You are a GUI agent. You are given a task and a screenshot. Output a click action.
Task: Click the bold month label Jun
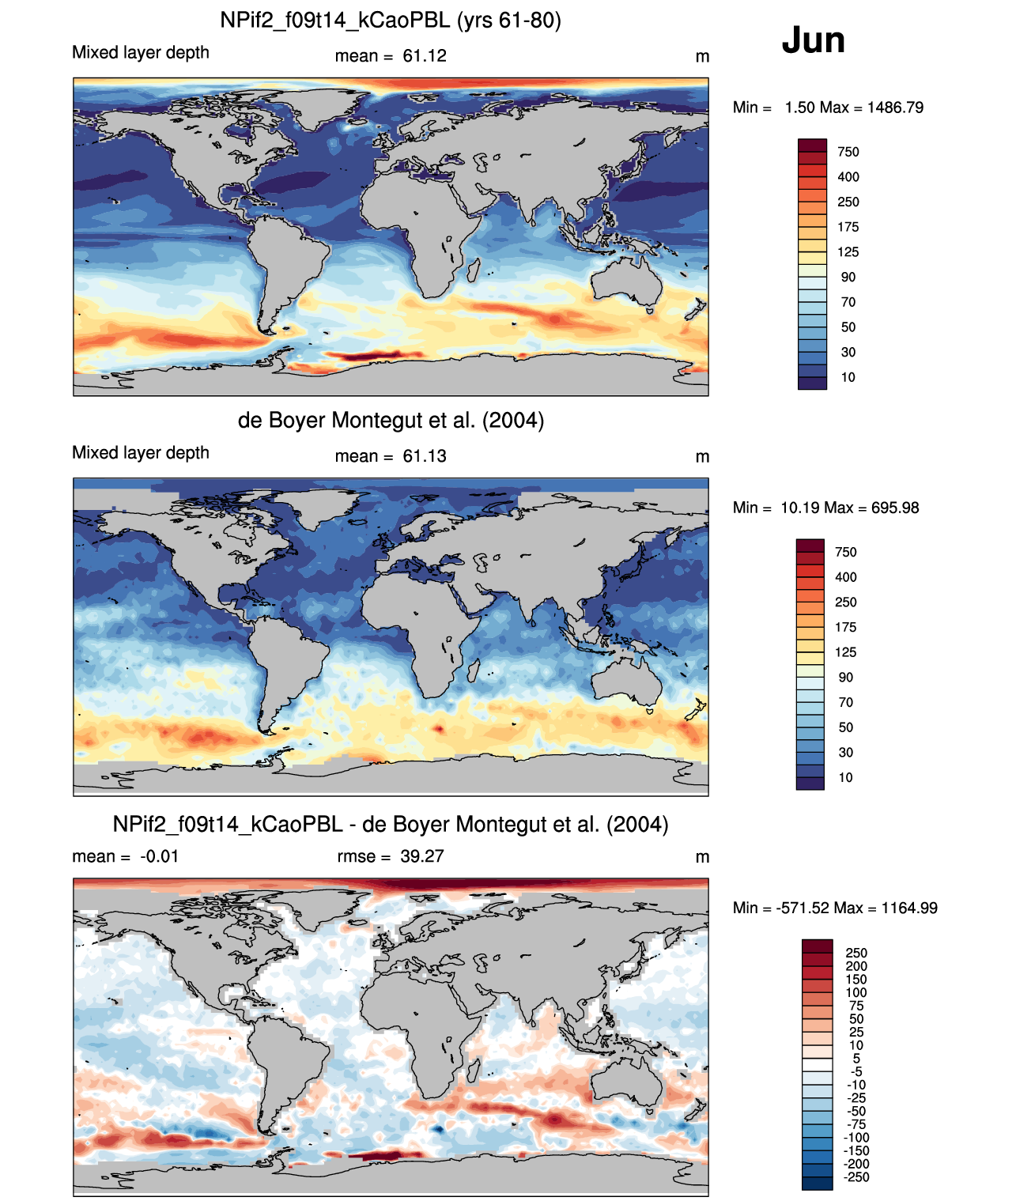813,40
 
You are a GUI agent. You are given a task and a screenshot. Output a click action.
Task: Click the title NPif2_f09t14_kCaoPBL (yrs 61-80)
391,21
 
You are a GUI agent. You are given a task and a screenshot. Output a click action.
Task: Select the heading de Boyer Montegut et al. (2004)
391,420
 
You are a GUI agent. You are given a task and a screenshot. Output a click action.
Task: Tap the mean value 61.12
424,56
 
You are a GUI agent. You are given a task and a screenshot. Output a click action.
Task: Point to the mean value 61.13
424,456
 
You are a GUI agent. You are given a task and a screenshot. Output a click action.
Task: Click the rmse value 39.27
421,856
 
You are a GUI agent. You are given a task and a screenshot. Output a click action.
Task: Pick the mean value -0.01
159,856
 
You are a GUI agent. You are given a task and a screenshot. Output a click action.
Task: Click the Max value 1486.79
895,108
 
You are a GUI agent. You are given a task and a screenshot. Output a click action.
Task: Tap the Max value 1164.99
909,908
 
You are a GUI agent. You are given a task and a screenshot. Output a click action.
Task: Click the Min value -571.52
803,908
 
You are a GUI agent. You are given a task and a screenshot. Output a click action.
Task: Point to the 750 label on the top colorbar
848,152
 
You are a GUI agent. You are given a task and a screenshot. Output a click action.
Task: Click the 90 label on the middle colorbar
846,677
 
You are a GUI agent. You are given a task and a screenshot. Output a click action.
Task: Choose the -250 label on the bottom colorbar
856,1177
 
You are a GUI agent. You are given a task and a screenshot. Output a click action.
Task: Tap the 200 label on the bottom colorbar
856,966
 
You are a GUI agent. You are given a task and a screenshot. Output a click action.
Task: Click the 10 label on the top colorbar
848,377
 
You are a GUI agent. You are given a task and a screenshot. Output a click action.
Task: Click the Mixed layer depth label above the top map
141,52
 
